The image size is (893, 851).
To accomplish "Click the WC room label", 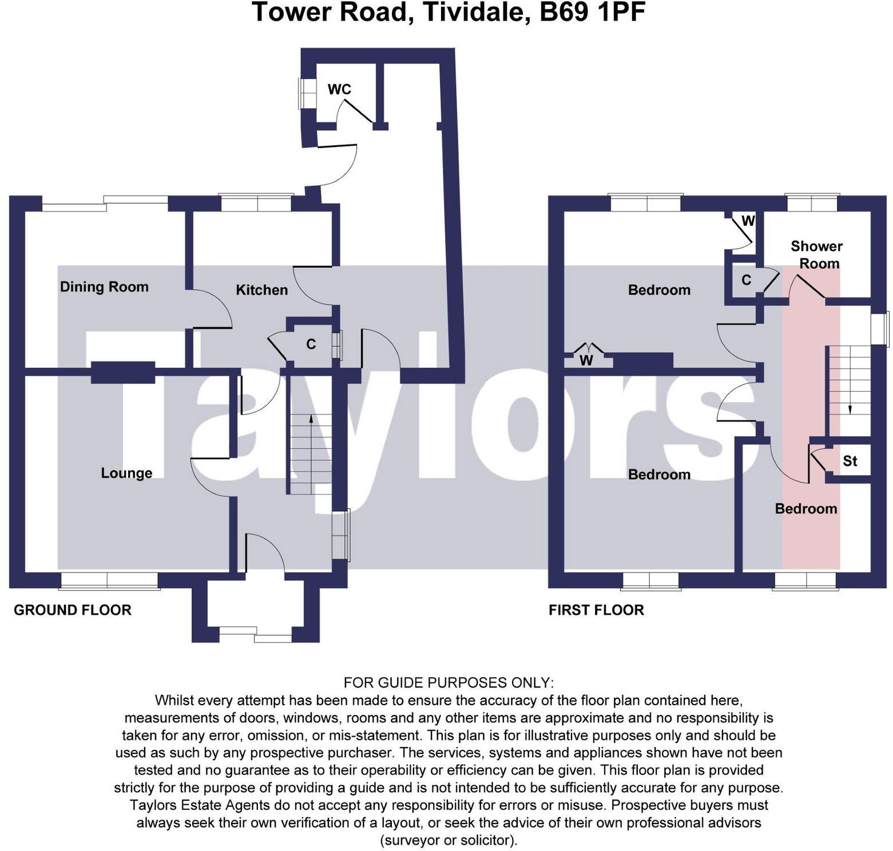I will [x=339, y=89].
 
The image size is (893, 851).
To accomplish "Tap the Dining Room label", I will [x=104, y=287].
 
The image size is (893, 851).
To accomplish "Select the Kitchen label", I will [x=261, y=290].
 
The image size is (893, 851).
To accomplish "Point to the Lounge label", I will [x=126, y=473].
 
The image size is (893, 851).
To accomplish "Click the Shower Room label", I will [x=816, y=254].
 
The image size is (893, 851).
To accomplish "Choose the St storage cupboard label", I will [x=850, y=461].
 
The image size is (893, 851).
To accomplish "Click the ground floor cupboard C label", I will [x=311, y=344].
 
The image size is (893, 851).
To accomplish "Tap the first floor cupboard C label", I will [x=746, y=280].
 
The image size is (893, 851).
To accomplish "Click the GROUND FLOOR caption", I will [x=73, y=610].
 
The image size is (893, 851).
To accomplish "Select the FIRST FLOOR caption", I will [x=596, y=610].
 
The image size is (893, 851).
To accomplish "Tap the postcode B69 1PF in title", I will [x=592, y=13].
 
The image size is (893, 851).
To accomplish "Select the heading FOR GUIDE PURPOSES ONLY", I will [x=449, y=682].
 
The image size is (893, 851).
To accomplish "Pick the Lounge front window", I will [x=109, y=580].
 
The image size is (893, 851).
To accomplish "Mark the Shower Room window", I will [x=812, y=203].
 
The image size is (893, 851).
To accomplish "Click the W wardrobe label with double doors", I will [x=586, y=360].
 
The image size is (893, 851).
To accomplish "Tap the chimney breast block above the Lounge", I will [x=123, y=372].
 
